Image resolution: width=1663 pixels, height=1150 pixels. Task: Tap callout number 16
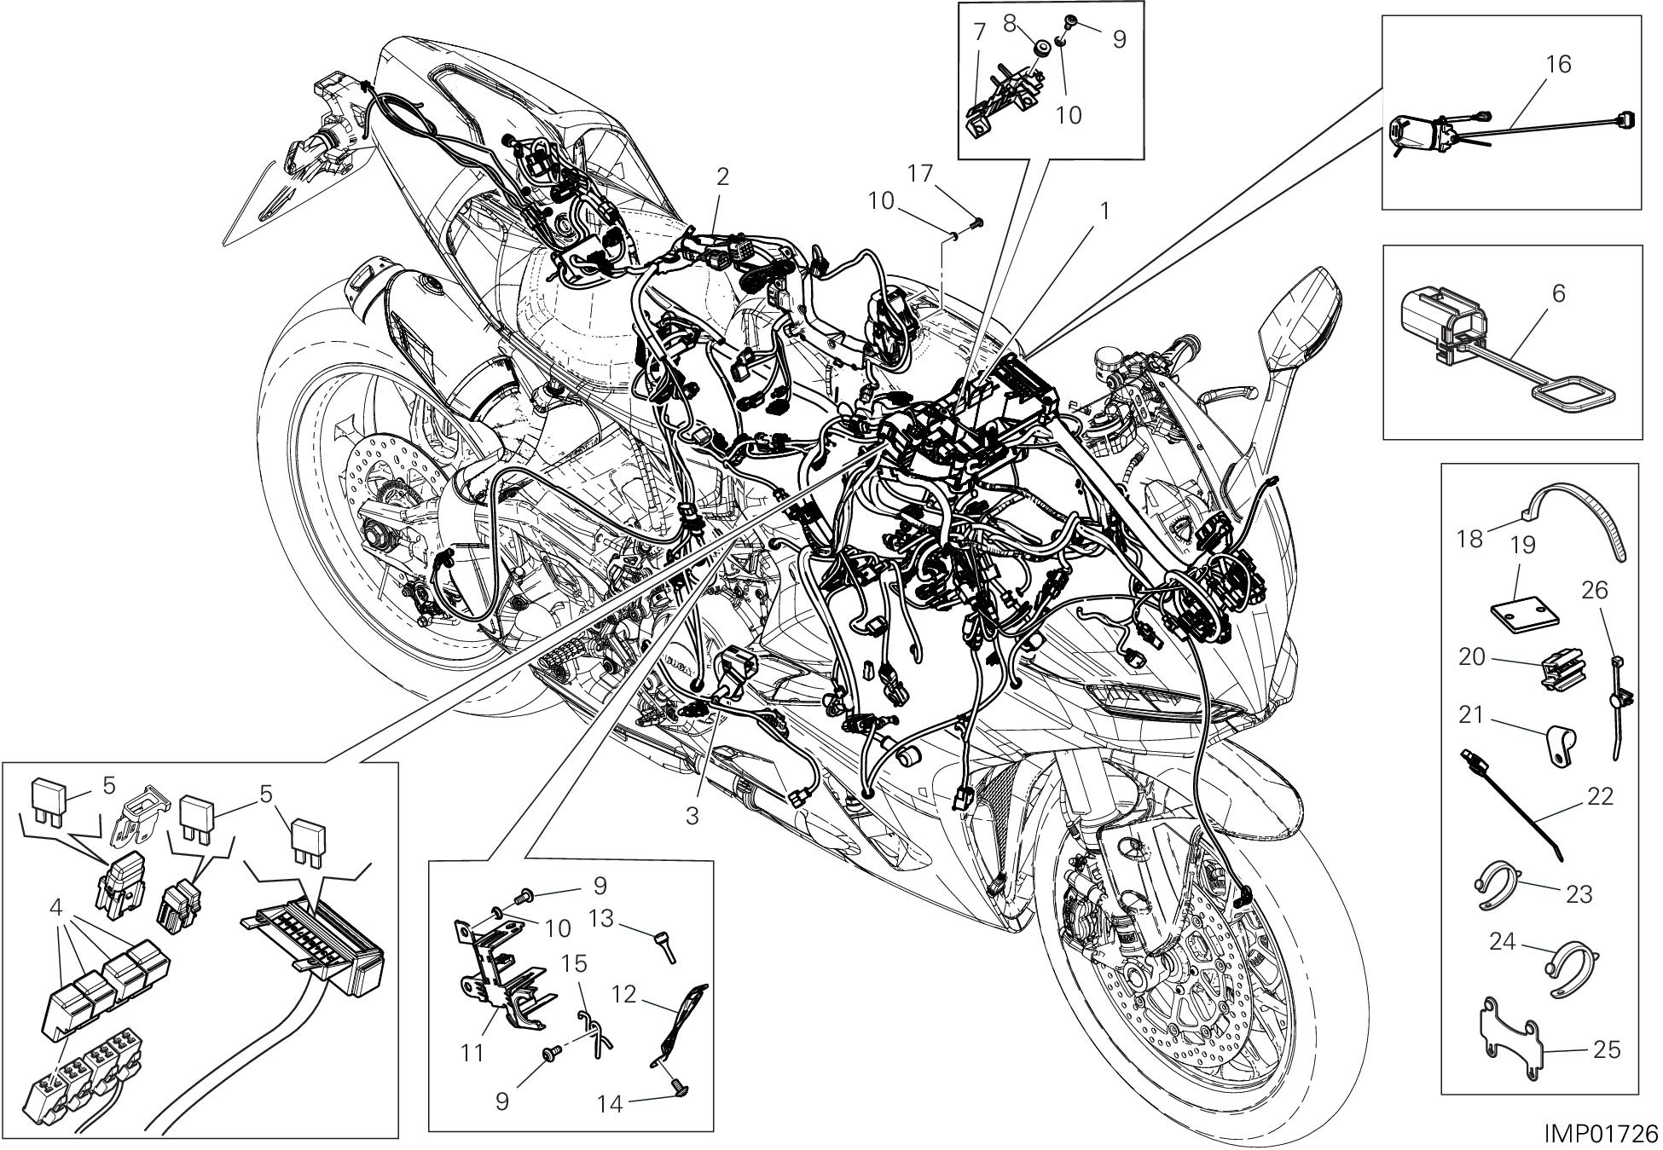coord(1557,64)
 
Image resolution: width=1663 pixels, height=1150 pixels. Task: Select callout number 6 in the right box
coord(1558,294)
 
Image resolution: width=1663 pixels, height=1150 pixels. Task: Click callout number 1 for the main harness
coord(1105,211)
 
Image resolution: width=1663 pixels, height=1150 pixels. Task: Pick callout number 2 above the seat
coord(722,177)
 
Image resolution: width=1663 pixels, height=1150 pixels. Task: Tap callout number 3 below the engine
coord(692,816)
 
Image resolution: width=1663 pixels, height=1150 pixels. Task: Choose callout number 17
coord(920,174)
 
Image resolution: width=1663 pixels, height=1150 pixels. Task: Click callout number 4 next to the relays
coord(57,907)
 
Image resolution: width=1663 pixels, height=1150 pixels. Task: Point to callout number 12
coord(625,994)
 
